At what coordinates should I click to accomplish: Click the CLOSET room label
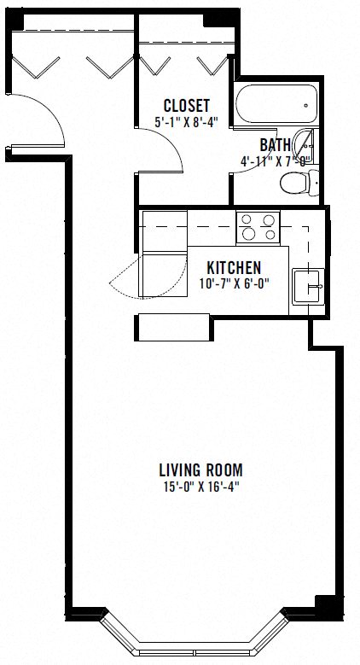187,105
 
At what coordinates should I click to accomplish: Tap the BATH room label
276,145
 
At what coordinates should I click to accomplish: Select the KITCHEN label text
234,267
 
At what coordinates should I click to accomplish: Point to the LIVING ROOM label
201,470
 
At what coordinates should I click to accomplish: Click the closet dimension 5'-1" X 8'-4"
187,123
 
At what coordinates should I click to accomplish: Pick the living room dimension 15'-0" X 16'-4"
201,487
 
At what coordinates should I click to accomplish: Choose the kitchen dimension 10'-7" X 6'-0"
235,283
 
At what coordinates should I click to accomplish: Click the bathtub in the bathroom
276,104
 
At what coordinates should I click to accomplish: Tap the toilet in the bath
299,183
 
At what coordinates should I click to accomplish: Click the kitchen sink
308,286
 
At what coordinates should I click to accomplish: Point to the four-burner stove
258,228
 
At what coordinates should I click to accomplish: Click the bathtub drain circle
306,106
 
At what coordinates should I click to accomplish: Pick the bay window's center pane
195,651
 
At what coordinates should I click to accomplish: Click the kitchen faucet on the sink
317,286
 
